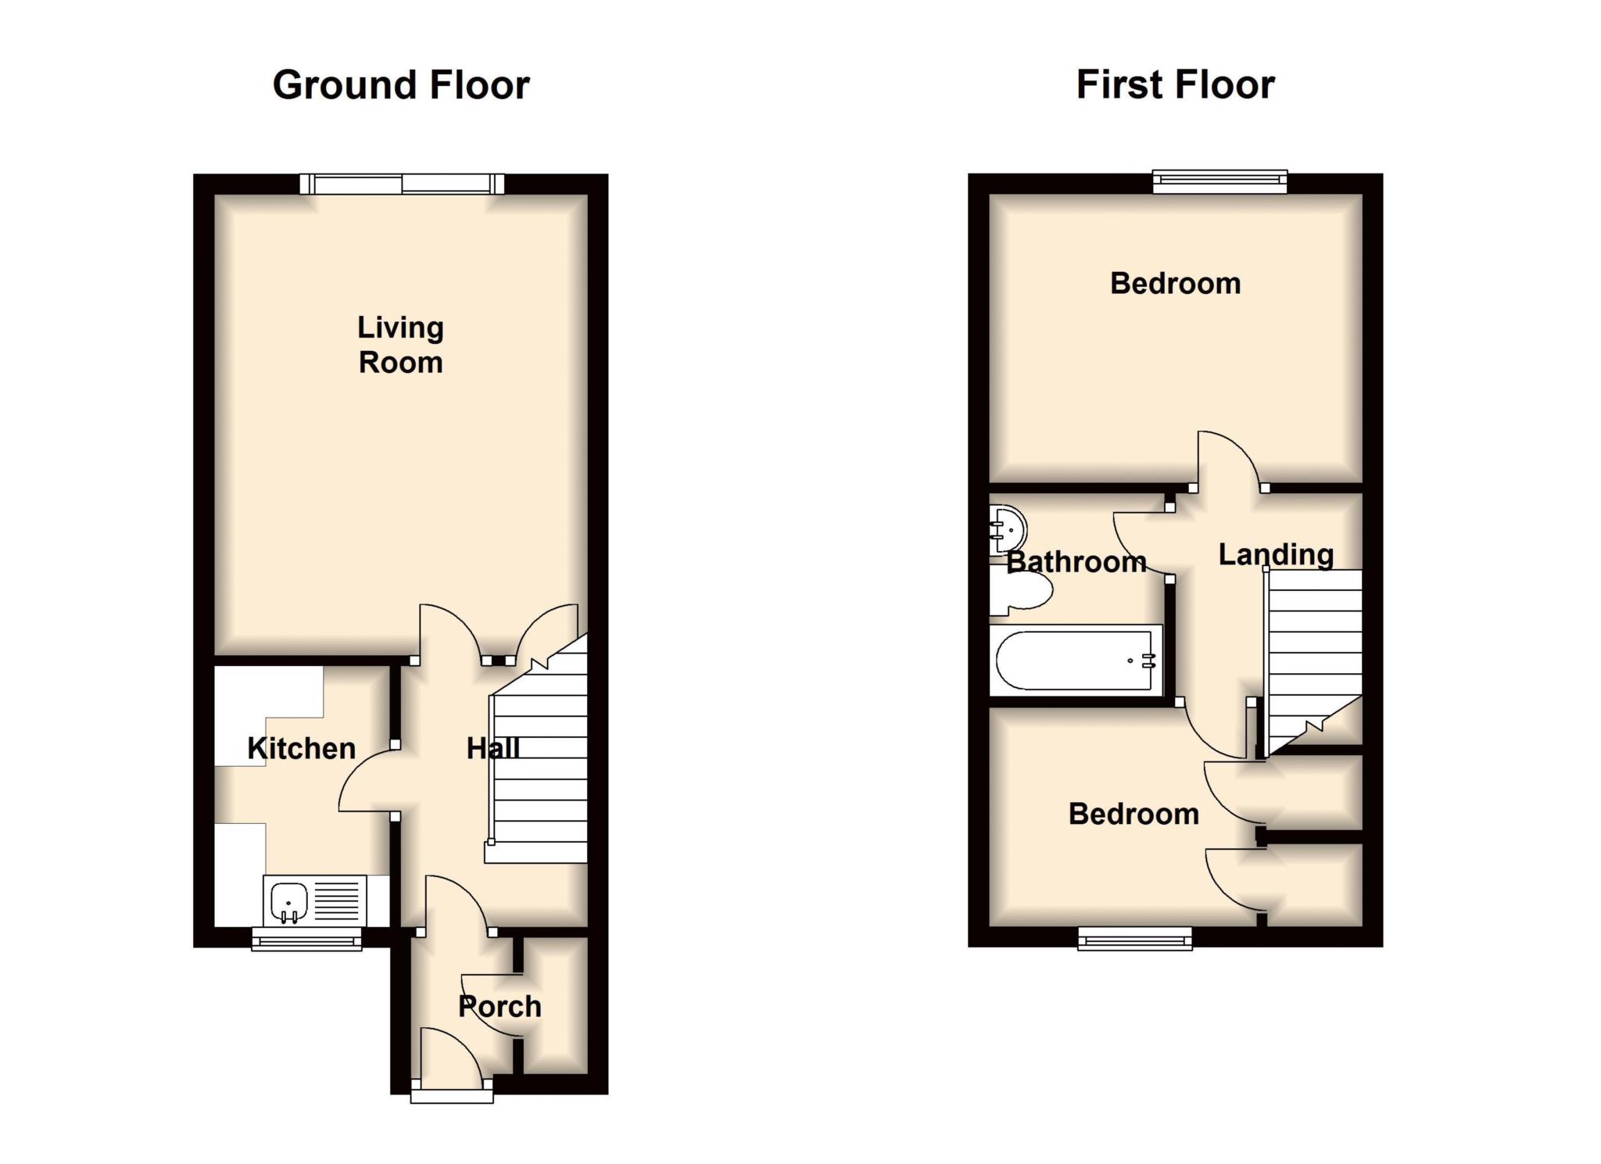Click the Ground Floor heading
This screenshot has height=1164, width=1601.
coord(401,85)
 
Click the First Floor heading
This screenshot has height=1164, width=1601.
coord(1175,85)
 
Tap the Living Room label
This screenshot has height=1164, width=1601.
coord(400,345)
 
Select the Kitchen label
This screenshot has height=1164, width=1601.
coord(301,749)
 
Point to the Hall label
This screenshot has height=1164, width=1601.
coord(492,749)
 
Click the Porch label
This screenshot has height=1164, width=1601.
coord(500,1007)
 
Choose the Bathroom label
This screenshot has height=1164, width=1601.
coord(1076,562)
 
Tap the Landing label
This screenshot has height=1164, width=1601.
coord(1276,555)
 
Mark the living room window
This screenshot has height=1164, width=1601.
coord(402,184)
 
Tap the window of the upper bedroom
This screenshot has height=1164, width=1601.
coord(1220,181)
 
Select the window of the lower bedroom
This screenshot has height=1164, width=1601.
coord(1135,938)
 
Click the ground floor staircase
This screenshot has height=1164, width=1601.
coord(539,770)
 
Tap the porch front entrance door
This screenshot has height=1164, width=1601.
coord(452,1063)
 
